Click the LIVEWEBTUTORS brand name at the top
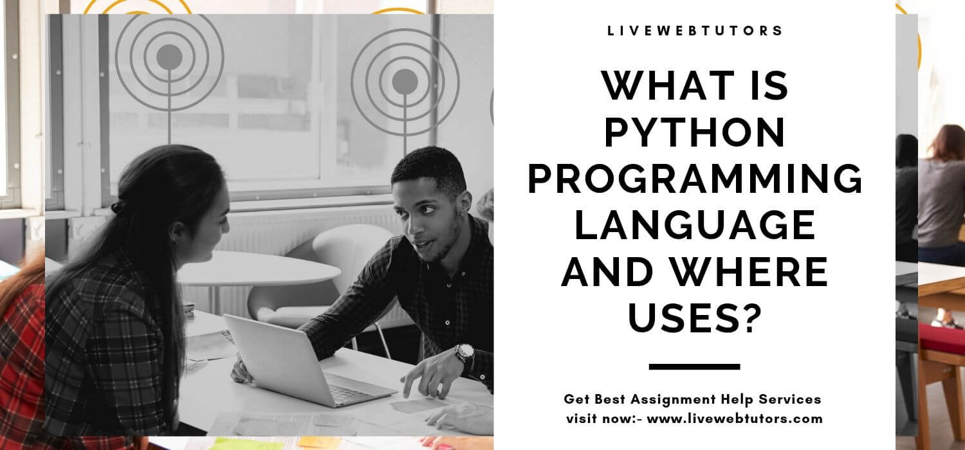(x=694, y=31)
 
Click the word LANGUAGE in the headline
(x=694, y=225)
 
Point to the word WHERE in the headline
(x=749, y=271)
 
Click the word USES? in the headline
(x=694, y=318)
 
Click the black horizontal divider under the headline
(x=694, y=367)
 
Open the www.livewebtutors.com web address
(x=735, y=419)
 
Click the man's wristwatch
(x=465, y=353)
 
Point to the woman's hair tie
(x=116, y=208)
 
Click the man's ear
(x=464, y=203)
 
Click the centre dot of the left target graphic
(x=169, y=57)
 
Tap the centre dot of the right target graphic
(x=405, y=82)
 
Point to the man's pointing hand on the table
(x=427, y=378)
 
